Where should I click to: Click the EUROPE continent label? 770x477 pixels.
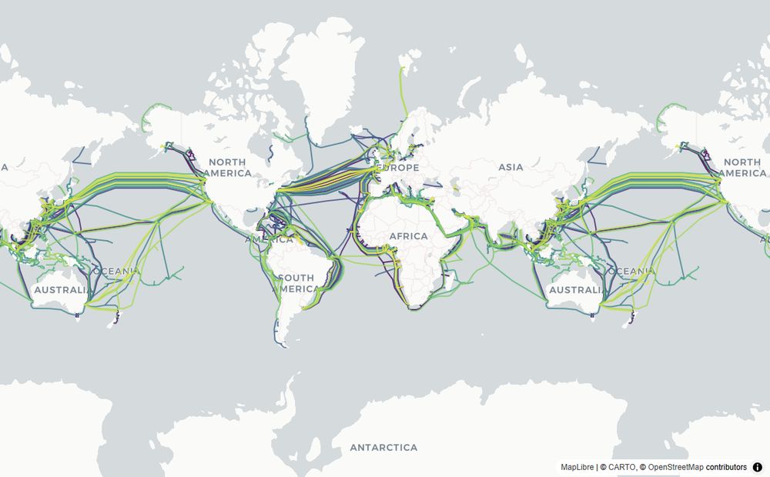(x=398, y=168)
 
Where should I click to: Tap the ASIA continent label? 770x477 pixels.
(x=511, y=167)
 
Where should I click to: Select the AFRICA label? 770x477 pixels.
(x=407, y=235)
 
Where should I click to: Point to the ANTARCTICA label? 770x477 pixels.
(x=383, y=447)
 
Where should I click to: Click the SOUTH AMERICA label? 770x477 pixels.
(x=296, y=283)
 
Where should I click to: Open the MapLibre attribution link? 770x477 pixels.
(x=577, y=467)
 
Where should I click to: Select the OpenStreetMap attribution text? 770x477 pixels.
(x=675, y=467)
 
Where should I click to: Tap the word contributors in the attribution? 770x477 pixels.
(x=726, y=467)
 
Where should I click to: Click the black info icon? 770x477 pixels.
(x=758, y=467)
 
